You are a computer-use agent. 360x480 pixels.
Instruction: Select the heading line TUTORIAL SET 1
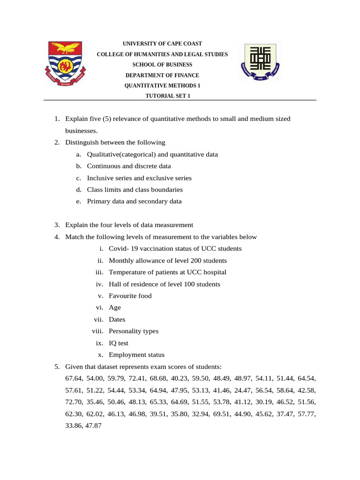162,96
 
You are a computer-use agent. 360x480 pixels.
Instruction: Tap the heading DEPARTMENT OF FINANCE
162,75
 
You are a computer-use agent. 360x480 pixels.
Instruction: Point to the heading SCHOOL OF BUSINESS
162,65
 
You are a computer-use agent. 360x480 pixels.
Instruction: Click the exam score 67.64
74,378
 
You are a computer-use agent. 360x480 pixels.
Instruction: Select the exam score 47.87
93,426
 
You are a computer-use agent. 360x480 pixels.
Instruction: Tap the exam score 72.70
74,402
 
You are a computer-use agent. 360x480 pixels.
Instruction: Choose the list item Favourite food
130,296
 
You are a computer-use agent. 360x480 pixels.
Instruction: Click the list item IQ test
118,343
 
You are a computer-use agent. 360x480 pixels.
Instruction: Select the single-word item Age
114,307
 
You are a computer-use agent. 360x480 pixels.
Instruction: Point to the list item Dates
117,319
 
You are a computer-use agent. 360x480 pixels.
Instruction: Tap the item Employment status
136,355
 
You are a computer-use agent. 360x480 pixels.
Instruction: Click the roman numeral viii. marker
98,331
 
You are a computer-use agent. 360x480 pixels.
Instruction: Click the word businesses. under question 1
81,131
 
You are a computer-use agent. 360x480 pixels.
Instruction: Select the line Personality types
133,331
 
